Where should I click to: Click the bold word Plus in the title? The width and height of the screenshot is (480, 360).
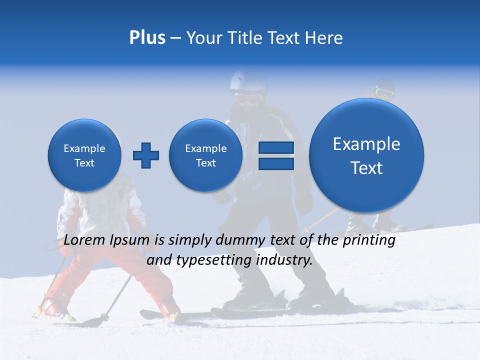147,38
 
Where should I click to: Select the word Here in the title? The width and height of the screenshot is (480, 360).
324,38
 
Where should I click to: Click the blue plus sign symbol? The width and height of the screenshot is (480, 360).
146,155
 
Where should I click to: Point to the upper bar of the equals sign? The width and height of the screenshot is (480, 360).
276,147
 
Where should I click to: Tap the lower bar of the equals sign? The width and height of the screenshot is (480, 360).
276,163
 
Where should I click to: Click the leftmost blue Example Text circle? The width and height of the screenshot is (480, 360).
84,155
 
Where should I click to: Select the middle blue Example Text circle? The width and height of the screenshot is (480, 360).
206,155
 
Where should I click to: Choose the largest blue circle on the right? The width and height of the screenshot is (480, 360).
366,155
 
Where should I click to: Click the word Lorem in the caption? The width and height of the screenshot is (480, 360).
83,240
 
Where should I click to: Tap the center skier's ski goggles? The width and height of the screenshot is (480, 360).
248,97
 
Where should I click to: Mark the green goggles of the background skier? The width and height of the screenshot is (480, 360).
384,92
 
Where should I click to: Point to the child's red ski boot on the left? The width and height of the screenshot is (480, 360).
50,307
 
